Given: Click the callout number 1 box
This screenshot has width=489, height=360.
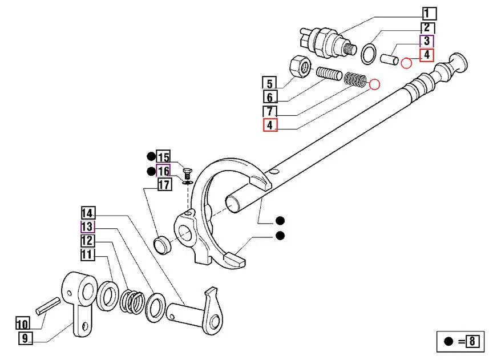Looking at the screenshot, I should (x=429, y=13).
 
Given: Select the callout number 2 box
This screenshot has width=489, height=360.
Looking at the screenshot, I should (x=427, y=28).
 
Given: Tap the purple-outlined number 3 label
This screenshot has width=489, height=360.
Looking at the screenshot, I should (x=427, y=42).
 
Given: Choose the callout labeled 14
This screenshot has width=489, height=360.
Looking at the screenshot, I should (x=87, y=213).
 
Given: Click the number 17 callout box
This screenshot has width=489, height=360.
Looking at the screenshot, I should (x=164, y=184).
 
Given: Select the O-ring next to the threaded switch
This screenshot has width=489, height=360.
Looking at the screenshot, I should (x=370, y=53).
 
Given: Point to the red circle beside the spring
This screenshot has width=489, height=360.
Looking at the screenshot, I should (x=374, y=85).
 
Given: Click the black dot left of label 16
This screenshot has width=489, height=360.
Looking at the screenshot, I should (x=151, y=171).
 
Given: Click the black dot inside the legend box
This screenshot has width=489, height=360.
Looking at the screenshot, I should (x=448, y=342).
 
